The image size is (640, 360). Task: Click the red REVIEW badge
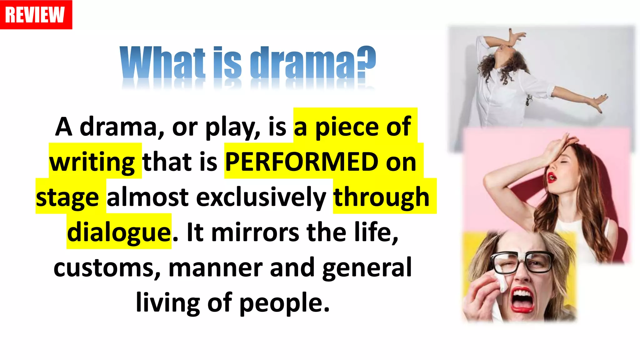point(36,15)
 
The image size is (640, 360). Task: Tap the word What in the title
point(162,62)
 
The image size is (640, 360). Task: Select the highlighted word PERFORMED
point(302,162)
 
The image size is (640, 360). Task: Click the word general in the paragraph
point(367,268)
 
